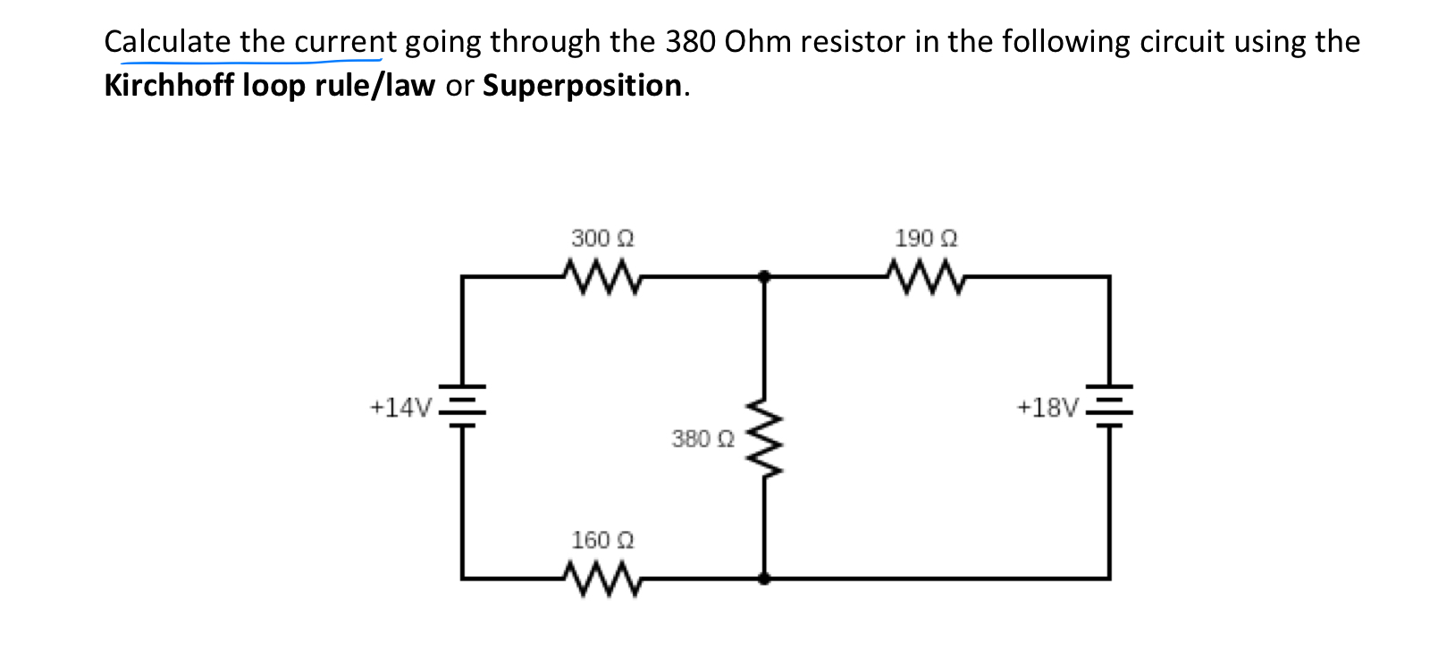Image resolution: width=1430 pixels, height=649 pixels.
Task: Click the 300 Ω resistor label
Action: click(602, 239)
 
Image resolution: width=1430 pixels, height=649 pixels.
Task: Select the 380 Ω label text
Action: click(702, 439)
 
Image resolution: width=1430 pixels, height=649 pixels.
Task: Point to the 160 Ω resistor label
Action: click(602, 540)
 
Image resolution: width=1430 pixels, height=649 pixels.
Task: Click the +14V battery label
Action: click(400, 409)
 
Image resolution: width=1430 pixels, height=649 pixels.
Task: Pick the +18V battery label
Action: click(1048, 409)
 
